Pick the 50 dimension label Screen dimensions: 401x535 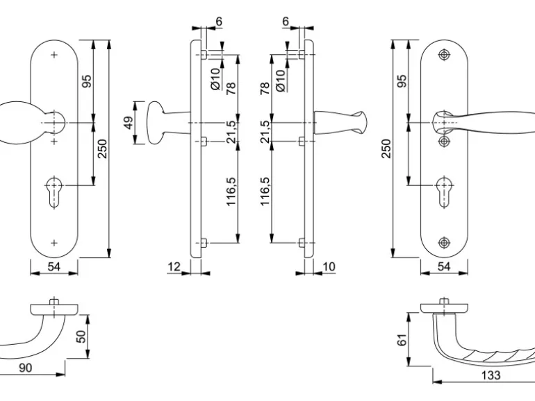click(81, 337)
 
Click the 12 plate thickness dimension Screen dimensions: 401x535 click(174, 266)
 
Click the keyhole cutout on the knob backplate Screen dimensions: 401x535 click(53, 190)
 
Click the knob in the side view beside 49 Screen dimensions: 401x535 click(157, 123)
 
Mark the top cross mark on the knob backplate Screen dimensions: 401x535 click(54, 55)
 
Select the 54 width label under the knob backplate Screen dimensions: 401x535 click(54, 266)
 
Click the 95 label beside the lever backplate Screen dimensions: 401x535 click(402, 81)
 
